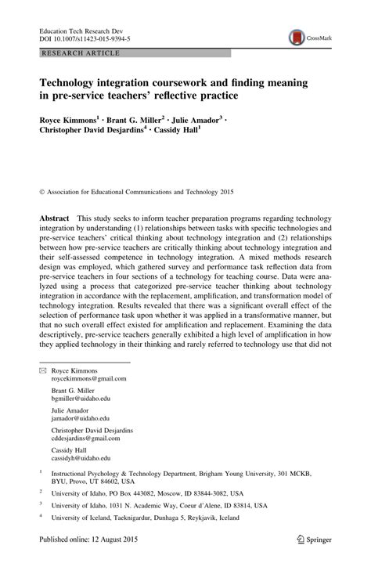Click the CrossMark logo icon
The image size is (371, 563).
click(x=297, y=36)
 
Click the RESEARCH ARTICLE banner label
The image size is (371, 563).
click(x=76, y=53)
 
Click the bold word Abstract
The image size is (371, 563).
click(x=54, y=215)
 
